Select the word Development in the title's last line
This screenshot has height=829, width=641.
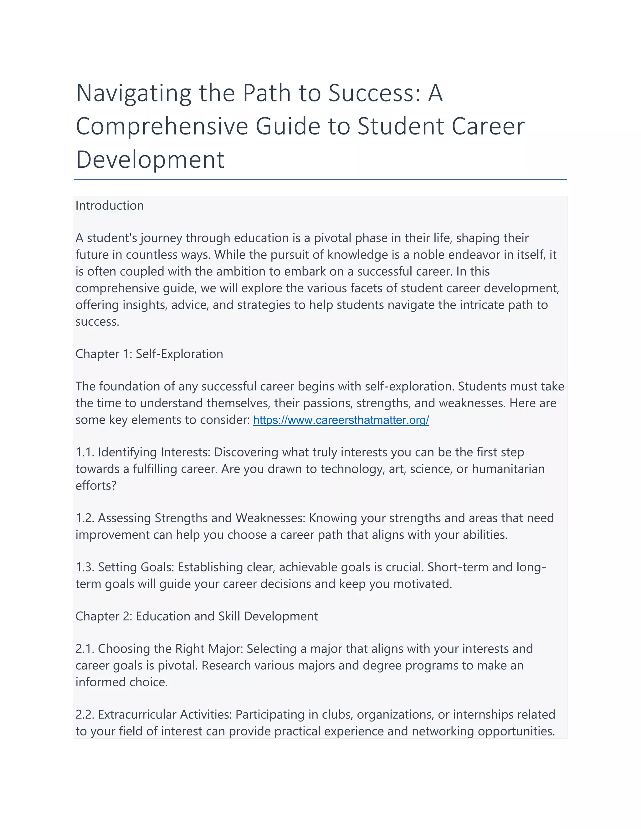tap(150, 160)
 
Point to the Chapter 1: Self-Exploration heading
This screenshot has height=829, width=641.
tap(149, 354)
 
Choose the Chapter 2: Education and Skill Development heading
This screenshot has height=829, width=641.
tap(196, 616)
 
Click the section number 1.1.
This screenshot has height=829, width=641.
tap(85, 452)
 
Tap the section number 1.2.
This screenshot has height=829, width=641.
tap(85, 518)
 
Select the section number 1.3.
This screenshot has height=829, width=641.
tap(85, 567)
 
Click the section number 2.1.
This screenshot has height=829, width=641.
tap(85, 649)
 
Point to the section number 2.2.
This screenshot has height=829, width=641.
tap(85, 715)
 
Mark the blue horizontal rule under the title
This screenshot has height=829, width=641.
tap(320, 180)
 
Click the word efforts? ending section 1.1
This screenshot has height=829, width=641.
tap(96, 486)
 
